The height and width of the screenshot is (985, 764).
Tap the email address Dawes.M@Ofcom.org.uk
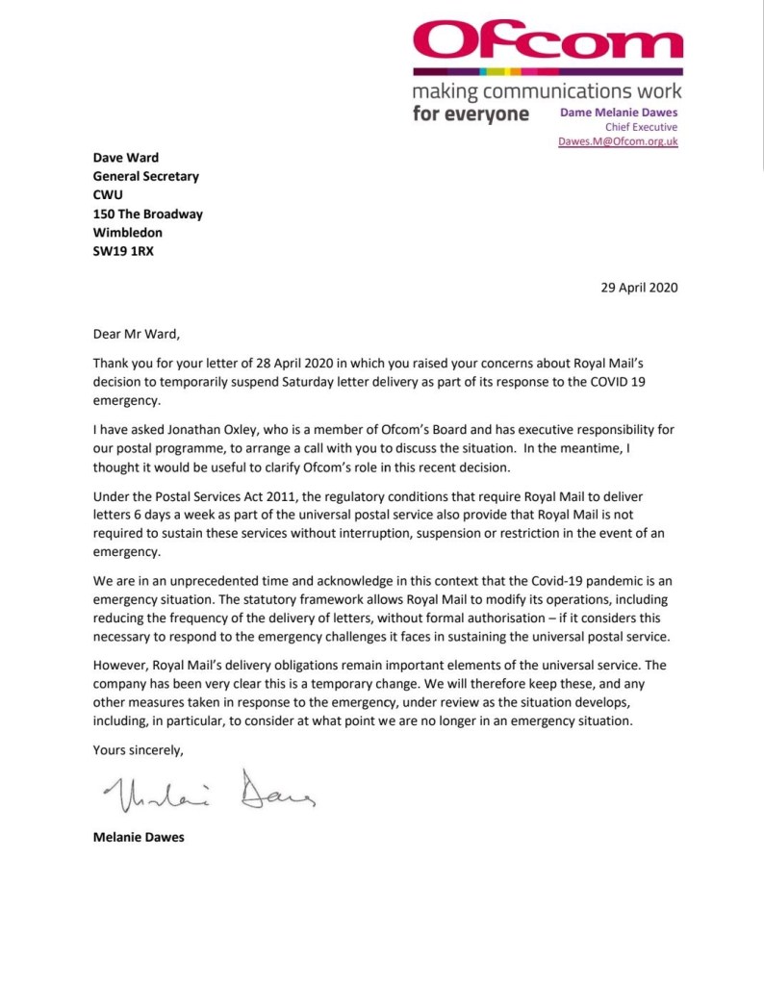click(618, 140)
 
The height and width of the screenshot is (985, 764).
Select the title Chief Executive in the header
click(641, 126)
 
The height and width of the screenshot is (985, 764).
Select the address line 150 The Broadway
click(147, 214)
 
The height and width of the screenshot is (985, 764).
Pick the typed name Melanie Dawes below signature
click(139, 837)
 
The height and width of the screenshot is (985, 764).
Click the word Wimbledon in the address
click(128, 232)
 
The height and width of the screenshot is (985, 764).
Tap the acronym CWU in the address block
click(108, 195)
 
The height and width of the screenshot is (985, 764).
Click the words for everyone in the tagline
click(471, 114)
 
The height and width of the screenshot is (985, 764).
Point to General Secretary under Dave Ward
click(145, 177)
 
